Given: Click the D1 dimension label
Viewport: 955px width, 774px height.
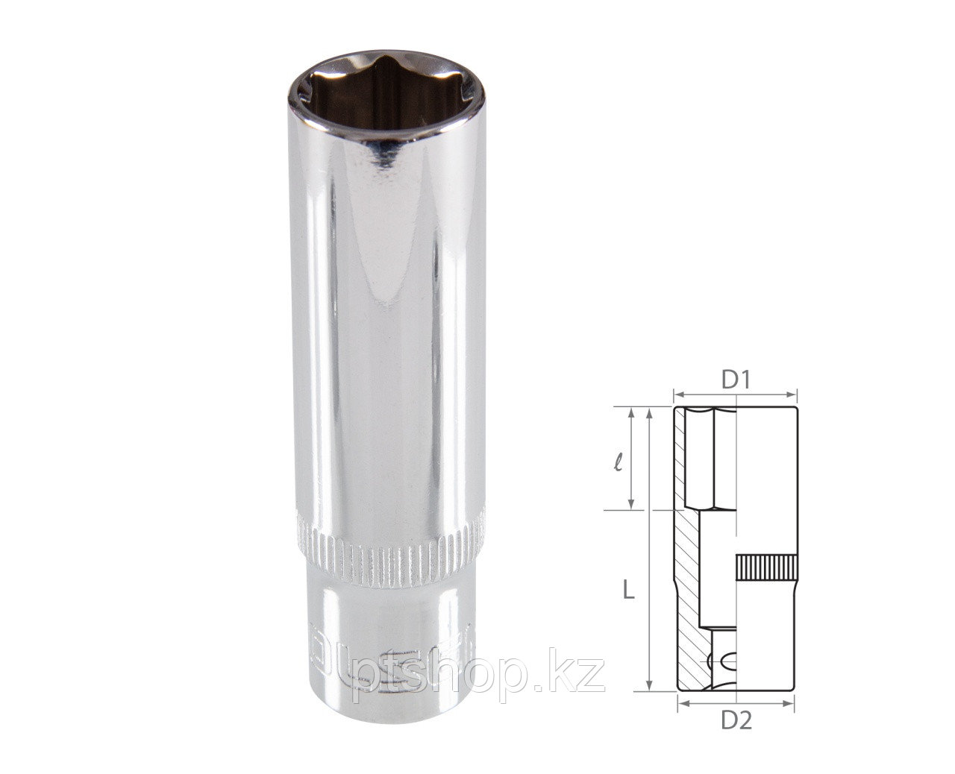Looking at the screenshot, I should tap(735, 380).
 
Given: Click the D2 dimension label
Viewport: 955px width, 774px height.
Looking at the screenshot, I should tap(735, 722).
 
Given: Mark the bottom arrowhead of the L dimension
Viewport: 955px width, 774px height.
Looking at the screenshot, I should tap(651, 688).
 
